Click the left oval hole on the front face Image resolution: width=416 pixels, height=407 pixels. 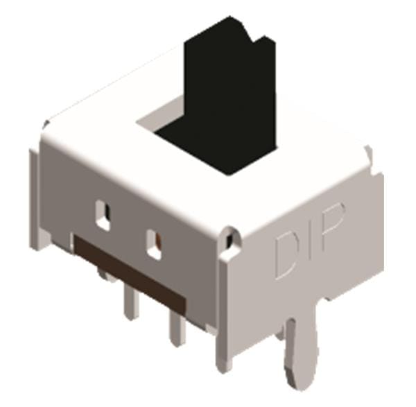pos(103,215)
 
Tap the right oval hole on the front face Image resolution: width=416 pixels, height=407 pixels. pos(155,244)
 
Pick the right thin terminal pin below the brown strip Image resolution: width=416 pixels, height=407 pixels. pos(176,328)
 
